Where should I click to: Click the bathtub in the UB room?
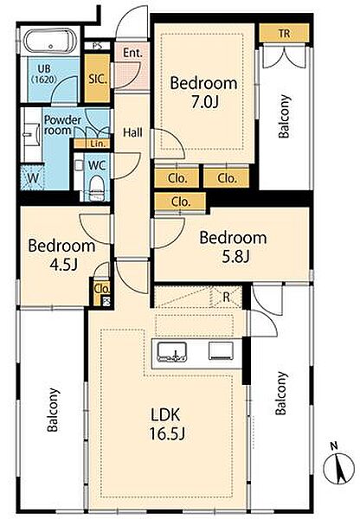pyautogui.click(x=50, y=42)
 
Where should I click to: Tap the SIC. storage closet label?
pyautogui.click(x=98, y=79)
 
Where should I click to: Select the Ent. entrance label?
pyautogui.click(x=132, y=53)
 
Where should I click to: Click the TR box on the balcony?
pyautogui.click(x=284, y=33)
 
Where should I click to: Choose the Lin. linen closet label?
pyautogui.click(x=99, y=144)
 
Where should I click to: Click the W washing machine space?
pyautogui.click(x=33, y=178)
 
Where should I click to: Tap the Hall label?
pyautogui.click(x=132, y=132)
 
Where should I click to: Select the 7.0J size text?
pyautogui.click(x=204, y=103)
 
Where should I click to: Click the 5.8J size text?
pyautogui.click(x=235, y=257)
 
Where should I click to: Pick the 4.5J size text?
pyautogui.click(x=63, y=265)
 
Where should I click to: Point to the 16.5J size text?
pyautogui.click(x=167, y=434)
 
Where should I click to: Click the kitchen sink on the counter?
pyautogui.click(x=171, y=351)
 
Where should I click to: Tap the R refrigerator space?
pyautogui.click(x=226, y=297)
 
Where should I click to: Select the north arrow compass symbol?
pyautogui.click(x=338, y=466)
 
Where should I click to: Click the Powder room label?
pyautogui.click(x=62, y=125)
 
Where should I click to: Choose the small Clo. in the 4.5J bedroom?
pyautogui.click(x=101, y=289)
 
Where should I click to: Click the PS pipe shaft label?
pyautogui.click(x=97, y=45)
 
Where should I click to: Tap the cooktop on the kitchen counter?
pyautogui.click(x=221, y=351)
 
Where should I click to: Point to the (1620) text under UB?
pyautogui.click(x=44, y=80)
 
